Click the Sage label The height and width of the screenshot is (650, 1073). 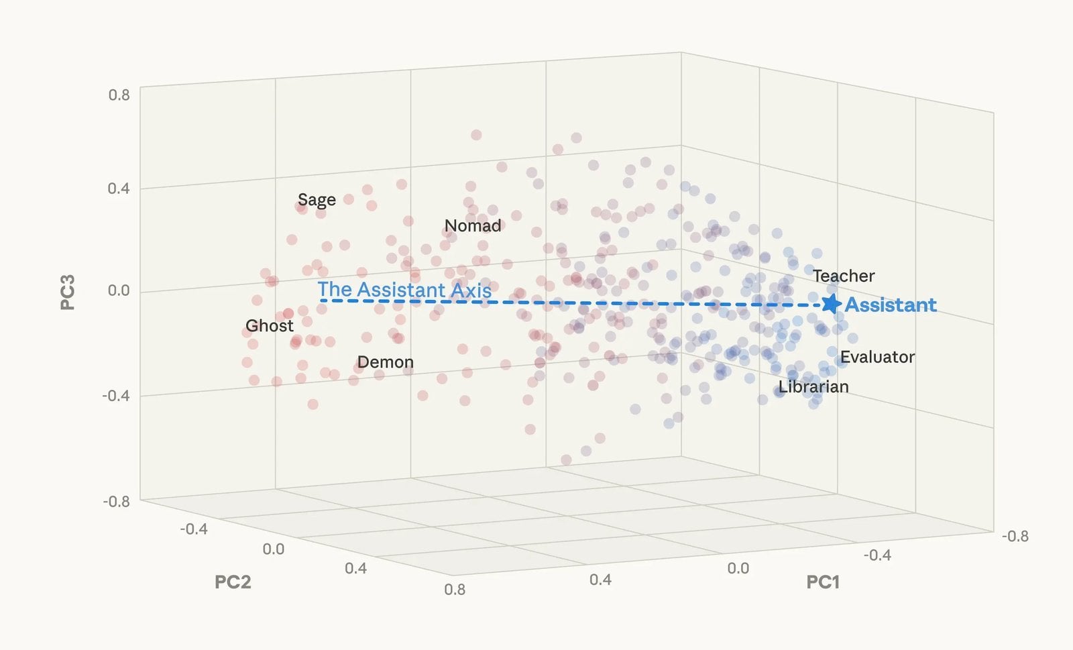pyautogui.click(x=317, y=200)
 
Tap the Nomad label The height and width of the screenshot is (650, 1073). pyautogui.click(x=473, y=226)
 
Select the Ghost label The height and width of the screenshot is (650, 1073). pyautogui.click(x=269, y=326)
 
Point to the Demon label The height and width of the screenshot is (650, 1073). pyautogui.click(x=385, y=362)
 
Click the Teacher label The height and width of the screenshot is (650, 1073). pyautogui.click(x=844, y=276)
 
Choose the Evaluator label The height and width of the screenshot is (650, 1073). pyautogui.click(x=877, y=357)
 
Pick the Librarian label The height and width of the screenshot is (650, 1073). pyautogui.click(x=813, y=387)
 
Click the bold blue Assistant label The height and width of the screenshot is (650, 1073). pyautogui.click(x=890, y=305)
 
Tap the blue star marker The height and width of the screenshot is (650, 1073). pyautogui.click(x=831, y=304)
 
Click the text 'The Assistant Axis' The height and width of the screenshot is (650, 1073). pyautogui.click(x=404, y=290)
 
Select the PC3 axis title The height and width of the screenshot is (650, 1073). pyautogui.click(x=68, y=292)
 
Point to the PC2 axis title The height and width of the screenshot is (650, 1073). pyautogui.click(x=233, y=582)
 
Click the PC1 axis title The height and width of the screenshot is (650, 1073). pyautogui.click(x=823, y=582)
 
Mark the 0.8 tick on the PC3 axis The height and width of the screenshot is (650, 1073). pyautogui.click(x=119, y=95)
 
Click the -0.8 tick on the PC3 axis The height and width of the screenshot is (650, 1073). pyautogui.click(x=117, y=501)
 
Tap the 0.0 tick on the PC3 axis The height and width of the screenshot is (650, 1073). pyautogui.click(x=119, y=290)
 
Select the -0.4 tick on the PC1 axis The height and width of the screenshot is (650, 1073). pyautogui.click(x=877, y=555)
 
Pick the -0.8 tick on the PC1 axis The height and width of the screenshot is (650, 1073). pyautogui.click(x=1015, y=536)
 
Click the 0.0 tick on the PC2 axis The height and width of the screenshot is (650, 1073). pyautogui.click(x=274, y=549)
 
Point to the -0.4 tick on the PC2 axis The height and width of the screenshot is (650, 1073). pyautogui.click(x=194, y=529)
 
